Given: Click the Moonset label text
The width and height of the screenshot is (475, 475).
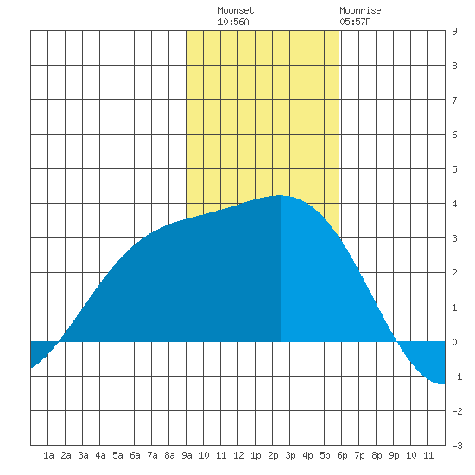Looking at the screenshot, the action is coord(236,10).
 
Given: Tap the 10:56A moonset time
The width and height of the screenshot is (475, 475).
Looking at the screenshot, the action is coord(233,22).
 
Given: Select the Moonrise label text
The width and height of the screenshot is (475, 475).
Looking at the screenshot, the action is coord(360,10).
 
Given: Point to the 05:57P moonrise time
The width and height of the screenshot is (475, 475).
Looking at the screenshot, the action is coord(355,22).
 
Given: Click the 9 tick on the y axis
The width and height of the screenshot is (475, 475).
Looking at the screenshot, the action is coord(454,31).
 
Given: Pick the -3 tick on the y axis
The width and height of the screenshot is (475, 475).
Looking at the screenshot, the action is coord(457,446).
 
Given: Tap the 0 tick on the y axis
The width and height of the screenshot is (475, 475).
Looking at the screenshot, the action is coord(454,342).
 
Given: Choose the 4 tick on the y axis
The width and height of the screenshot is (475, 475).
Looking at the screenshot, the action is coord(454,204).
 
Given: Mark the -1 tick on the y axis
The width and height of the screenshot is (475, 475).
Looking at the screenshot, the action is coord(457,377).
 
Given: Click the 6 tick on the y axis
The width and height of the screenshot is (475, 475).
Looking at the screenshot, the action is coord(454,135).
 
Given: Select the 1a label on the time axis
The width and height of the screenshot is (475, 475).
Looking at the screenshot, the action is coord(48,455).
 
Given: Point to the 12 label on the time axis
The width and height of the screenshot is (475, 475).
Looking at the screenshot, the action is coord(238,455).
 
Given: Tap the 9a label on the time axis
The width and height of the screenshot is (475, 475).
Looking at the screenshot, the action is coord(187,455).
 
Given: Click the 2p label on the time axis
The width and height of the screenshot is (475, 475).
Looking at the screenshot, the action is coord(273,455).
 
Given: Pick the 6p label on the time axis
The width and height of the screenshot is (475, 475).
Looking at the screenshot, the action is coord(342,455).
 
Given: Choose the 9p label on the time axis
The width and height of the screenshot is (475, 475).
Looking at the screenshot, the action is coord(394,455).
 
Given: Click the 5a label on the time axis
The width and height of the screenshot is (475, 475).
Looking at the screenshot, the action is coord(117,455).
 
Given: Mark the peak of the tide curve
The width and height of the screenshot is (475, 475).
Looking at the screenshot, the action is coord(280,196).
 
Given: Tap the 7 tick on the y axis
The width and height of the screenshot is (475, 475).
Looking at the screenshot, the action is coord(454,100).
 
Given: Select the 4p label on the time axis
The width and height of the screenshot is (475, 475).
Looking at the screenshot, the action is coord(307,455).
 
